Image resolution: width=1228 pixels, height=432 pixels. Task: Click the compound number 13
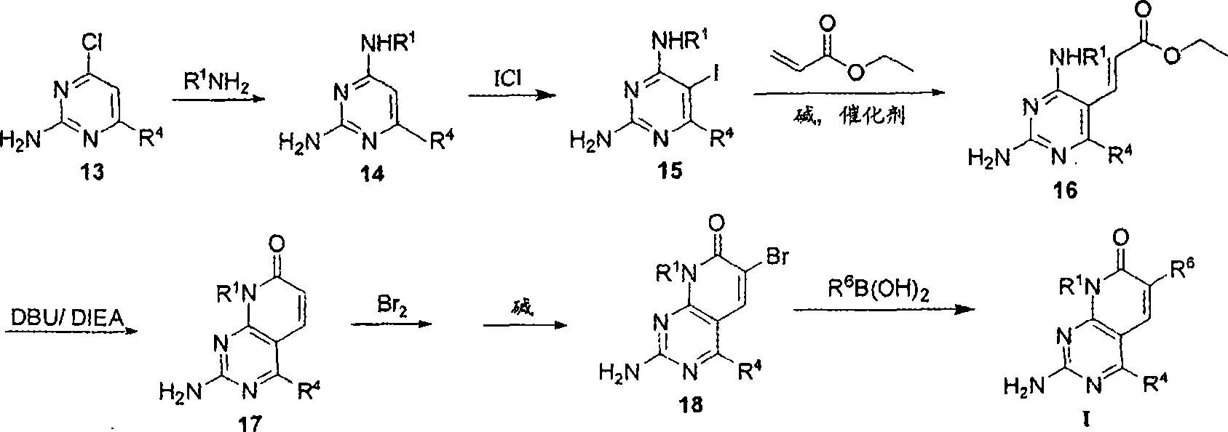(x=92, y=173)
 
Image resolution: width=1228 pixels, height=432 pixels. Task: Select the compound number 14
(x=372, y=174)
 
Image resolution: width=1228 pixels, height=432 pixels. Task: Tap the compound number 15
(x=670, y=171)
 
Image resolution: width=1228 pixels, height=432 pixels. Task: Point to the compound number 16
(x=1065, y=189)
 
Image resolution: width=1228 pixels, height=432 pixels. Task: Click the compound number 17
(x=250, y=423)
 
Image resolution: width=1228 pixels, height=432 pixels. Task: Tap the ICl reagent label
(x=507, y=80)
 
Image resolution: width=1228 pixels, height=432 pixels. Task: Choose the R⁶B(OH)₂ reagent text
(x=879, y=289)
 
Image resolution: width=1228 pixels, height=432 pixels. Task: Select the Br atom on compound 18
(x=775, y=257)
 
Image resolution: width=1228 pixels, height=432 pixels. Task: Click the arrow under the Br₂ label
(x=391, y=324)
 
